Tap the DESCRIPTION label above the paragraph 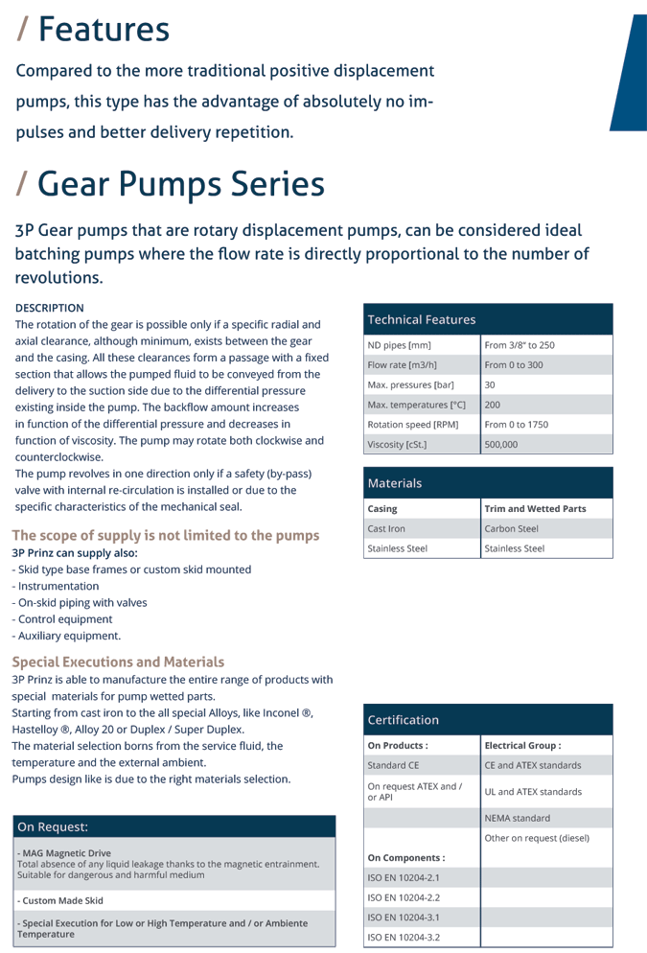[50, 308]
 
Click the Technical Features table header [422, 319]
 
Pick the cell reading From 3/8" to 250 [520, 345]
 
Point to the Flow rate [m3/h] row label [402, 365]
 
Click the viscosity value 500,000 [501, 445]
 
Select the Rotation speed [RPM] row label [413, 425]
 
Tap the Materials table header [395, 483]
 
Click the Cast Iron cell [387, 528]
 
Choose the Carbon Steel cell [512, 528]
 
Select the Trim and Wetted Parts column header [535, 508]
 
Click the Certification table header [404, 719]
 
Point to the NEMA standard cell [518, 818]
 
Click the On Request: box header [53, 826]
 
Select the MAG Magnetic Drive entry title [64, 853]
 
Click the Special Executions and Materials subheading [118, 662]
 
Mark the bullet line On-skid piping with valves [66, 603]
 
